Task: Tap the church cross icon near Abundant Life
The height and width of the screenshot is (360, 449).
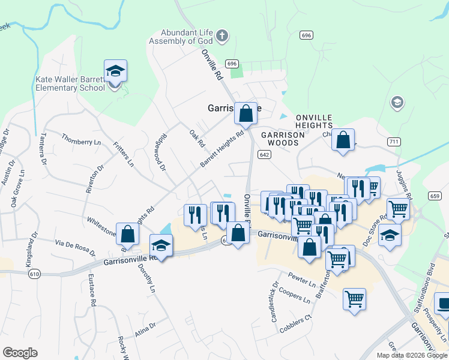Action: (x=222, y=36)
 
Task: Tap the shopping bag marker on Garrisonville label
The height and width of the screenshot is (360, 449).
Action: (x=246, y=113)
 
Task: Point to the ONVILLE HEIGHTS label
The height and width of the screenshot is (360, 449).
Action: (x=313, y=121)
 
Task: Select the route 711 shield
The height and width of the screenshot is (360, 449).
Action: (x=394, y=142)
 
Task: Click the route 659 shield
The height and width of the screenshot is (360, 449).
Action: (x=435, y=195)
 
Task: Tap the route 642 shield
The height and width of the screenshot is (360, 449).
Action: (x=264, y=155)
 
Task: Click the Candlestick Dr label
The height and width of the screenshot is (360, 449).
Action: (x=276, y=302)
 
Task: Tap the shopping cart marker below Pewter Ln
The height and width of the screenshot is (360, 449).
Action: (x=355, y=298)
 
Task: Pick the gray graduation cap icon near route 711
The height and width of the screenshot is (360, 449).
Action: (x=397, y=103)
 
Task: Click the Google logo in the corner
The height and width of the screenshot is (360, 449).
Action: (x=20, y=353)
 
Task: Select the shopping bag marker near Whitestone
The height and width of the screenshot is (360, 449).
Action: (x=127, y=233)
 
